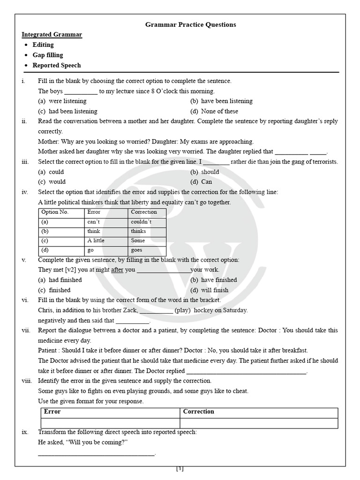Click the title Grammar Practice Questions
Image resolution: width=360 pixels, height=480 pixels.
coord(190,24)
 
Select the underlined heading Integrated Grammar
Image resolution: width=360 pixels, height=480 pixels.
coord(52,35)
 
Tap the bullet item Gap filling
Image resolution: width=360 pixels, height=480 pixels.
coord(47,55)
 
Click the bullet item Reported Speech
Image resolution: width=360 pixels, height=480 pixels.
coord(56,65)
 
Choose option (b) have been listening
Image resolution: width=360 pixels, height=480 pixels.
coord(221,101)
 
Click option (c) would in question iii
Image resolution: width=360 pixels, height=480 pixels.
coord(52,182)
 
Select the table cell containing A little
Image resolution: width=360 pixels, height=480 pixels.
coord(96,240)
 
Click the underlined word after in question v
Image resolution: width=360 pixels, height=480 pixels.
coord(117,270)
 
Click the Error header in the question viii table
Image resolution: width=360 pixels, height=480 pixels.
coord(52,412)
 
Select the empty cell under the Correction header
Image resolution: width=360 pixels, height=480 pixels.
coord(259,423)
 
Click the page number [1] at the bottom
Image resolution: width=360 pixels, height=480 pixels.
coord(180,469)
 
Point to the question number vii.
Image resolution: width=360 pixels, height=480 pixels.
coord(26,330)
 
